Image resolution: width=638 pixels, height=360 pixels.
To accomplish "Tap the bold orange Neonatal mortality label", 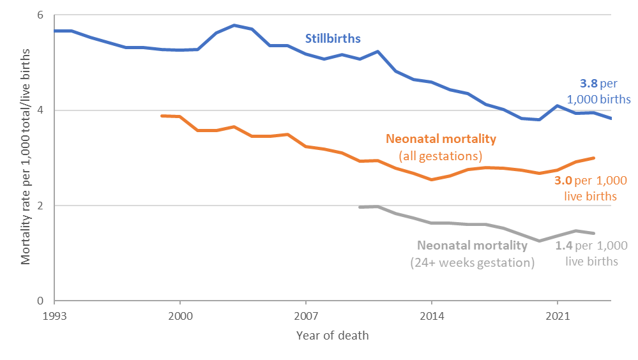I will (441, 139).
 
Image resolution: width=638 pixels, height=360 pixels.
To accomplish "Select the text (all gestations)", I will (441, 155).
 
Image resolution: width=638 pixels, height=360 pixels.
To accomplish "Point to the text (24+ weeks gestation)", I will (472, 262).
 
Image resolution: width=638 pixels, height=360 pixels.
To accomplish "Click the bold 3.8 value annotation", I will (588, 83).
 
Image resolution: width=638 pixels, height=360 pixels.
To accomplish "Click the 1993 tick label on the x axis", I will (55, 315).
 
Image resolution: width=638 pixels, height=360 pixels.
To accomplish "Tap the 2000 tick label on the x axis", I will (180, 315).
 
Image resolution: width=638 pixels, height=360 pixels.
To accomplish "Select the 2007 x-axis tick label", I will (306, 315).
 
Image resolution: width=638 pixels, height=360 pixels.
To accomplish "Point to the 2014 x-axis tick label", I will (432, 315).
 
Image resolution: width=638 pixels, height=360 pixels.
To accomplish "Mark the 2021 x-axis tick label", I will (558, 315).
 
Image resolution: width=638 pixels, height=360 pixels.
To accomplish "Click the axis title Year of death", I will (332, 336).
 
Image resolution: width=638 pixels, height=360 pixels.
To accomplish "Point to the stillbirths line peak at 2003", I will (234, 26).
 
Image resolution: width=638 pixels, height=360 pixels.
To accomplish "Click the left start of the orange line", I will (162, 116).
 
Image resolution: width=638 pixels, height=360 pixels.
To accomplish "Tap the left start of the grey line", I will (360, 207).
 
